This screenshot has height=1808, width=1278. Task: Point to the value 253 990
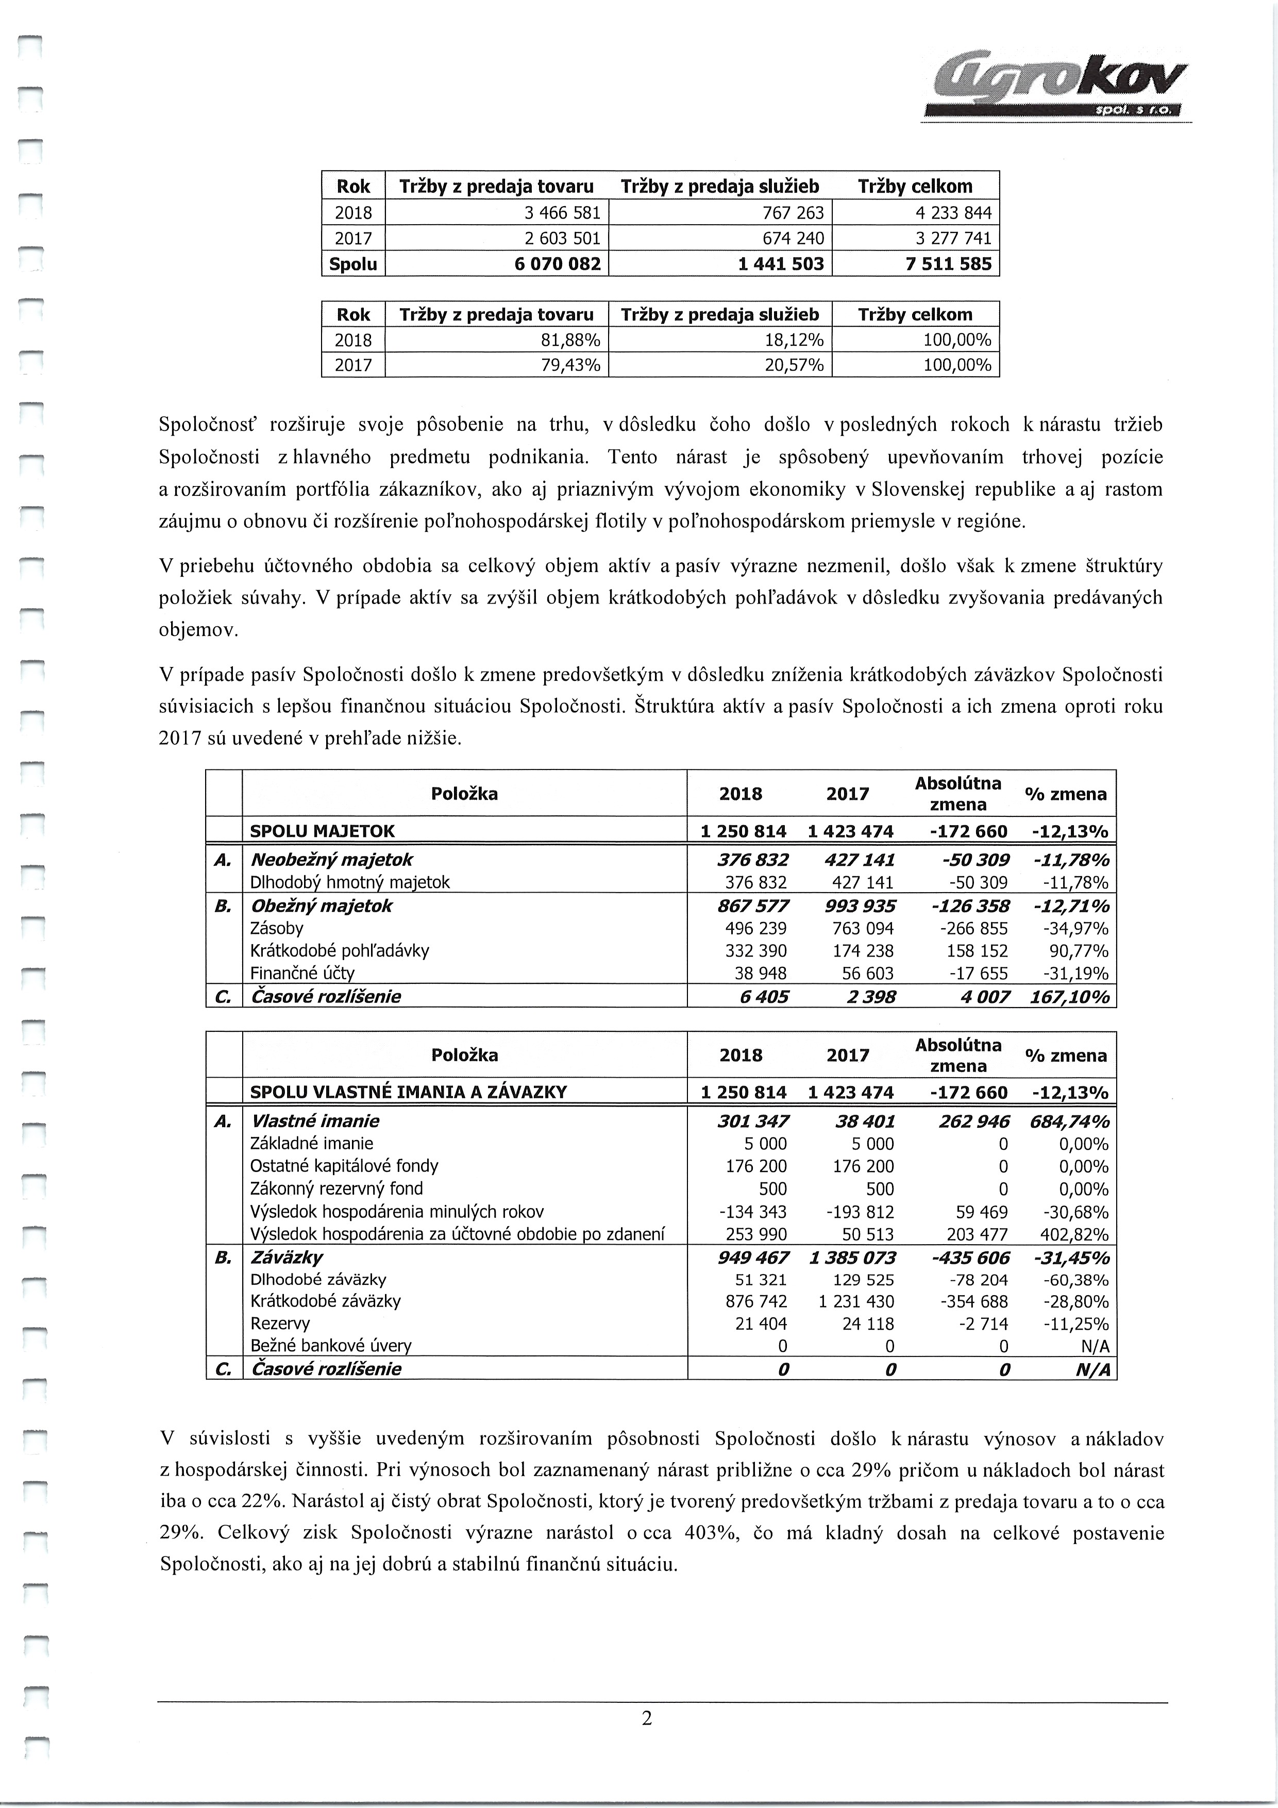[x=756, y=1234]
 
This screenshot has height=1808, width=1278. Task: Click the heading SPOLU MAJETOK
[x=322, y=831]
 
